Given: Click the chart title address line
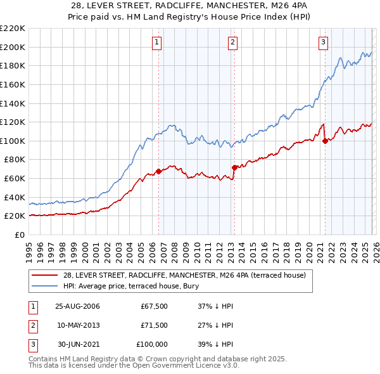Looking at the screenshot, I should click(190, 6).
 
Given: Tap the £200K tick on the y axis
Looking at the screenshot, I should click(13, 47).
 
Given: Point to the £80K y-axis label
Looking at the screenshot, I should click(15, 160).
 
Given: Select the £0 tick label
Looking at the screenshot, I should click(20, 235).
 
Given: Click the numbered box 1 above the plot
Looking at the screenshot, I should click(156, 42).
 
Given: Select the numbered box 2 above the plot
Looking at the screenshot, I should click(232, 42).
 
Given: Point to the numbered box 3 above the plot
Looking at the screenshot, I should click(323, 42).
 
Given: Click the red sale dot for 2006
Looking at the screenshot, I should click(158, 171).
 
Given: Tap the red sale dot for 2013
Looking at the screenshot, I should click(234, 167).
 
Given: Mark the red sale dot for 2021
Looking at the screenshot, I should click(325, 141).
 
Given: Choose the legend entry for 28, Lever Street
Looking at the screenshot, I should click(184, 275).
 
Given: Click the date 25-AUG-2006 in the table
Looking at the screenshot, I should click(77, 306).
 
